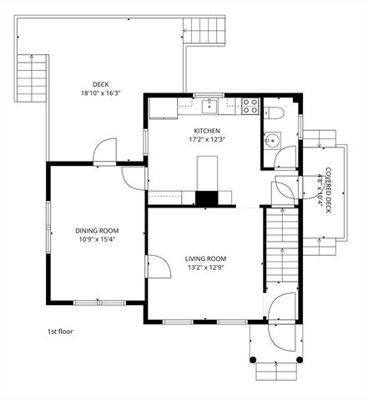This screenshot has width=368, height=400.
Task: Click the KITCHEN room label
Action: pyautogui.click(x=206, y=131)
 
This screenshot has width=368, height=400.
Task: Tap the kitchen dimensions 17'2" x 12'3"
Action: pyautogui.click(x=206, y=141)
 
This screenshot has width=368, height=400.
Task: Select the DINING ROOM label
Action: pyautogui.click(x=97, y=230)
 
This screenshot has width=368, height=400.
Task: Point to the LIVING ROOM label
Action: pyautogui.click(x=206, y=258)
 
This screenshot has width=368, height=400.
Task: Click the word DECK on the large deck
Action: pyautogui.click(x=101, y=83)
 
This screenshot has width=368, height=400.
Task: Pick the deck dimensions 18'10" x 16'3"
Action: pyautogui.click(x=101, y=93)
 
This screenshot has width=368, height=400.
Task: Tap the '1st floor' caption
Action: pyautogui.click(x=60, y=331)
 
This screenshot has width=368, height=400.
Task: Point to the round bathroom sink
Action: pyautogui.click(x=271, y=140)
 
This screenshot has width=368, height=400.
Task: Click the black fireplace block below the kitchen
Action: pyautogui.click(x=205, y=198)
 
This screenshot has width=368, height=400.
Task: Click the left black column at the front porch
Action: pyautogui.click(x=253, y=360)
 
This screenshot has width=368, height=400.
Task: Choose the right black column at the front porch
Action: pyautogui.click(x=298, y=360)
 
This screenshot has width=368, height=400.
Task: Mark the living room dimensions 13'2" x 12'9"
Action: pyautogui.click(x=206, y=268)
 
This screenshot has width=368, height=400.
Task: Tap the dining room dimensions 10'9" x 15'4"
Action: pyautogui.click(x=97, y=240)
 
